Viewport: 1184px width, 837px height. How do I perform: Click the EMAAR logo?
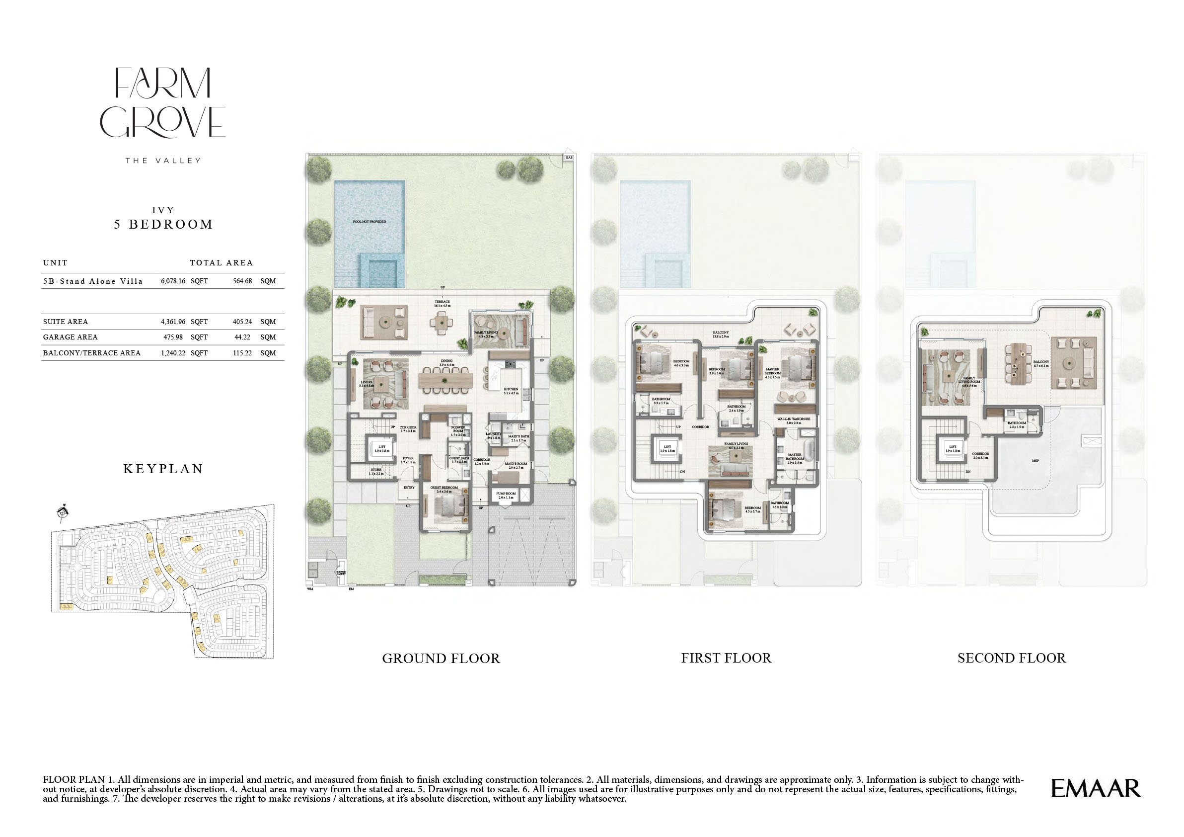[x=1095, y=788]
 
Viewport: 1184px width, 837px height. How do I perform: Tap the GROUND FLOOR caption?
[x=441, y=659]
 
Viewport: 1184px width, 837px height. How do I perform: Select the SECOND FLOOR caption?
[x=1011, y=658]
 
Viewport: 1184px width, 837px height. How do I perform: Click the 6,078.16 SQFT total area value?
[x=184, y=281]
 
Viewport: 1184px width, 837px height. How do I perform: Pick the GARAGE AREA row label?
[x=70, y=337]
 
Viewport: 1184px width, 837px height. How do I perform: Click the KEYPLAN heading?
[x=163, y=469]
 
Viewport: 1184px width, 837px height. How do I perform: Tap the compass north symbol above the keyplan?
[x=63, y=512]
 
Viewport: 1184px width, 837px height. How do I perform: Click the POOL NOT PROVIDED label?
[x=369, y=221]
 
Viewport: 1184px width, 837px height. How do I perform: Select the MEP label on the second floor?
[x=1036, y=461]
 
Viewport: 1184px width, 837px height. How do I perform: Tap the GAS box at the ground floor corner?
[x=569, y=158]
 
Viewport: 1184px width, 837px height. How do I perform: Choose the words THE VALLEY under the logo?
[x=163, y=161]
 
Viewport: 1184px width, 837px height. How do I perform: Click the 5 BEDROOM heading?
[x=163, y=225]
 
